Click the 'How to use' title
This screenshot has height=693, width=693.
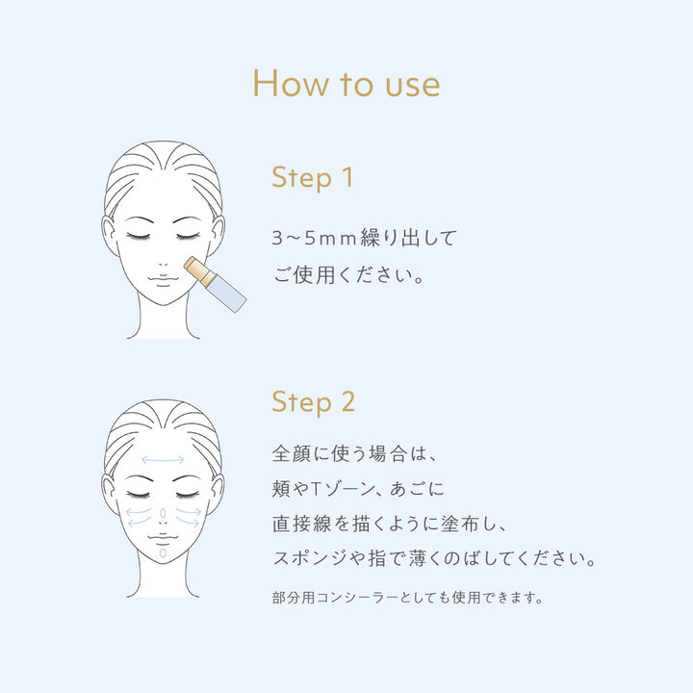[x=346, y=83]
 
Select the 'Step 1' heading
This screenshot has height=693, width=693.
[x=313, y=178]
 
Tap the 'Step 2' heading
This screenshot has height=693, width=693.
[x=314, y=402]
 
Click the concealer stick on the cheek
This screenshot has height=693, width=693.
[x=215, y=284]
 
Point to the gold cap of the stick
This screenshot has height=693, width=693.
[x=199, y=269]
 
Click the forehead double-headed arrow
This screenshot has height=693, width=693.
[x=163, y=460]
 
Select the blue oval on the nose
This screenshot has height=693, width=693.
[x=163, y=513]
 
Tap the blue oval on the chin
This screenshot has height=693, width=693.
[x=163, y=552]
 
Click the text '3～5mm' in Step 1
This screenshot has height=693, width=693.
[x=314, y=239]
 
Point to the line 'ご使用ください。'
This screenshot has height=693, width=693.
[x=348, y=275]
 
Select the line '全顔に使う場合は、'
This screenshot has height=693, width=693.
[x=354, y=454]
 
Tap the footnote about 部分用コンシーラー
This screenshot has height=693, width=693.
[x=407, y=598]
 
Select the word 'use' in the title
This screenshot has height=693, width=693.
[x=413, y=85]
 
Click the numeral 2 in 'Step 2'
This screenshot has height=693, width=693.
[x=347, y=401]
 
